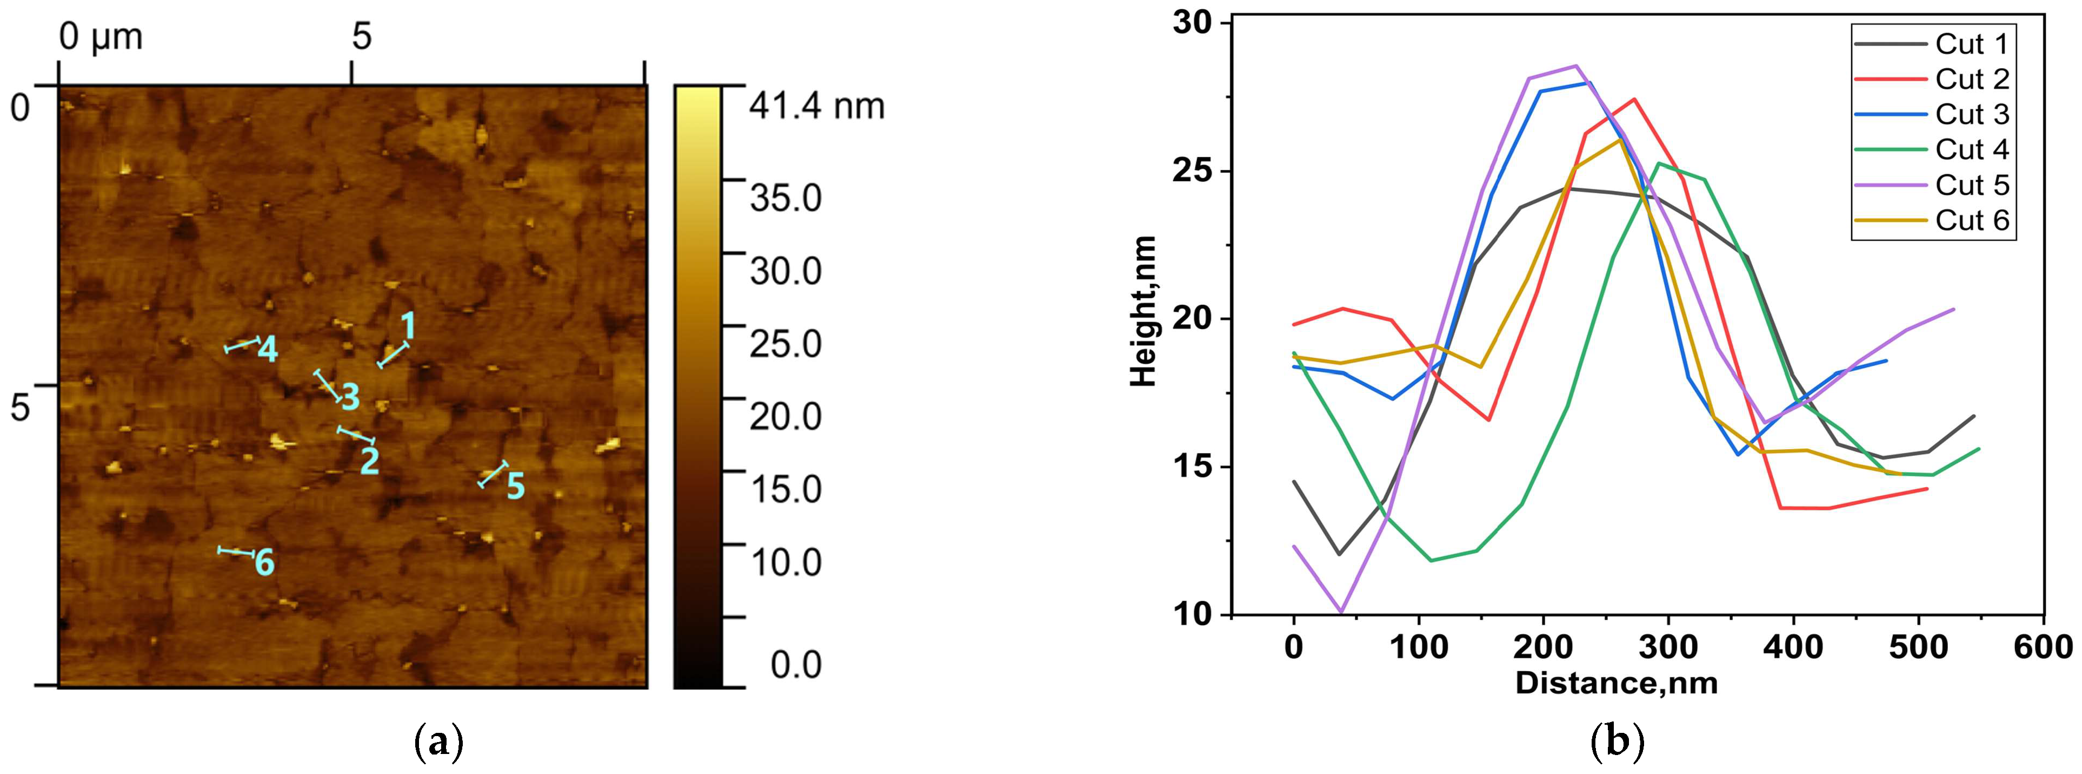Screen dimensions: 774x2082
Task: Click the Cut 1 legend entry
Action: [x=1971, y=44]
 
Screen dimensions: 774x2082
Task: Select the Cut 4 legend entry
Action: [x=1971, y=149]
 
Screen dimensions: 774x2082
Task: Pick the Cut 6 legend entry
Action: [x=1971, y=220]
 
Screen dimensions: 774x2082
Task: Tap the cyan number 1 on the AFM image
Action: [x=408, y=326]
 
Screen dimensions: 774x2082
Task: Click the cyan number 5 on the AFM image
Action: [x=516, y=486]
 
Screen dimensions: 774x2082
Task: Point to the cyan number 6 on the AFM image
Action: [x=264, y=562]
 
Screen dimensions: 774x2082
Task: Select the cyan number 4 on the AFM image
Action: [x=268, y=350]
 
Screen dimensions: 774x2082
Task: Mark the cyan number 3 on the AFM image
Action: [x=350, y=397]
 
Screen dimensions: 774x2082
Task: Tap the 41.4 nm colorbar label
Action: [x=816, y=106]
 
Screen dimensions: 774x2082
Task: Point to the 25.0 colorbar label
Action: [x=785, y=344]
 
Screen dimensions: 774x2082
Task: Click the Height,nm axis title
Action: [x=1143, y=311]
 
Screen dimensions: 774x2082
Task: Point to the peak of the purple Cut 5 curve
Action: [x=1576, y=67]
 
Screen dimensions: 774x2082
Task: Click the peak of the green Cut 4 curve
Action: [x=1659, y=163]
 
